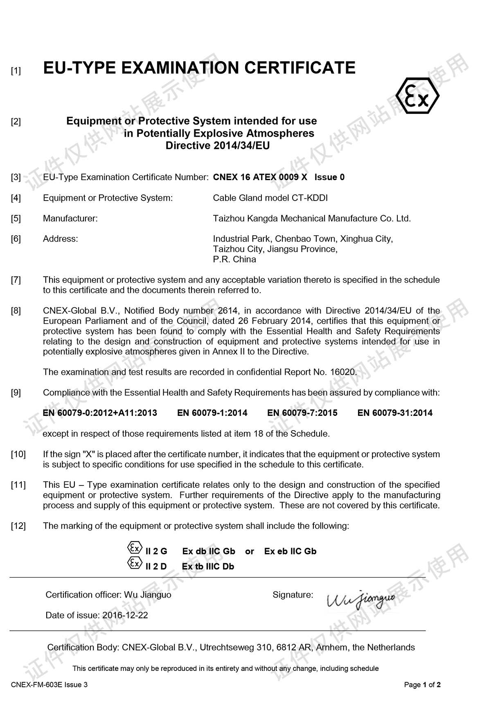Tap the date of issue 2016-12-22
(x=125, y=615)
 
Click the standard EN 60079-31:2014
(x=395, y=413)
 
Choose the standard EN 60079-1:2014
(x=212, y=413)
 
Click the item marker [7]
(x=16, y=280)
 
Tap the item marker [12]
(x=18, y=526)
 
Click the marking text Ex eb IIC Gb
(x=290, y=551)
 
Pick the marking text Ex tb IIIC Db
(x=208, y=566)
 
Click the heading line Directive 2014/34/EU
(x=217, y=146)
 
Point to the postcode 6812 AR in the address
(x=292, y=647)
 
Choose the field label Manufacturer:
(x=70, y=219)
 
